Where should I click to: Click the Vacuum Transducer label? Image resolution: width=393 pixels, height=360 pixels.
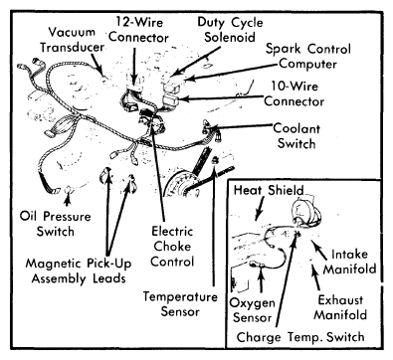pos(73,40)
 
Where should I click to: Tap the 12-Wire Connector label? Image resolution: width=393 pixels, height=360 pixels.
pos(139,30)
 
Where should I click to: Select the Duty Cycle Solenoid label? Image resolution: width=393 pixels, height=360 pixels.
pos(230,30)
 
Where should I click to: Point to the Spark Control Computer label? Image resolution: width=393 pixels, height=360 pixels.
pos(308,56)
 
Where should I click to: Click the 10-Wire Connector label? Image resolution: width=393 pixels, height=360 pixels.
pos(295,93)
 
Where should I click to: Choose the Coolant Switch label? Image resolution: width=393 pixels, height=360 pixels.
pos(296,136)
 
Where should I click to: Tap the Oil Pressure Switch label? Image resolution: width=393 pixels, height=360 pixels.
pos(55,224)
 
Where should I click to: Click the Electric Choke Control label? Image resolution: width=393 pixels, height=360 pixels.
pos(172,247)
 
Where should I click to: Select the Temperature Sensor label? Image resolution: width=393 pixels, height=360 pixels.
pos(180,304)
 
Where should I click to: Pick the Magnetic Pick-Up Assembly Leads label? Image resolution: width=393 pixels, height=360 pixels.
pos(79,270)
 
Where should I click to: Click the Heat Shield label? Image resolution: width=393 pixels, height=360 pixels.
pos(269,190)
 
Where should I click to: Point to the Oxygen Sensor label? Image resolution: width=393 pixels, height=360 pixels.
pos(252,310)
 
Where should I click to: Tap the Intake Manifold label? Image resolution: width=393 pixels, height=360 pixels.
pos(350,262)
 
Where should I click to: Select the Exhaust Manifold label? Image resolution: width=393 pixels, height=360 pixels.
pos(340,307)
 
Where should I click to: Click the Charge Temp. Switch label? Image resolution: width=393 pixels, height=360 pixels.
pos(300,337)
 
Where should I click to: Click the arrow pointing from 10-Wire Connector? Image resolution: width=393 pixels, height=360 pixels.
pos(221,98)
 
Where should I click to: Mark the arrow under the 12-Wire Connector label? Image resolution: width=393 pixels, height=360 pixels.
pos(134,67)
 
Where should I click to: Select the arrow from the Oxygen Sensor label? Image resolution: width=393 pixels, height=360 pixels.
pos(262,278)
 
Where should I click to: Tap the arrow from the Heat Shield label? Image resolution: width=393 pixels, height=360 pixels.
pos(260,208)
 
